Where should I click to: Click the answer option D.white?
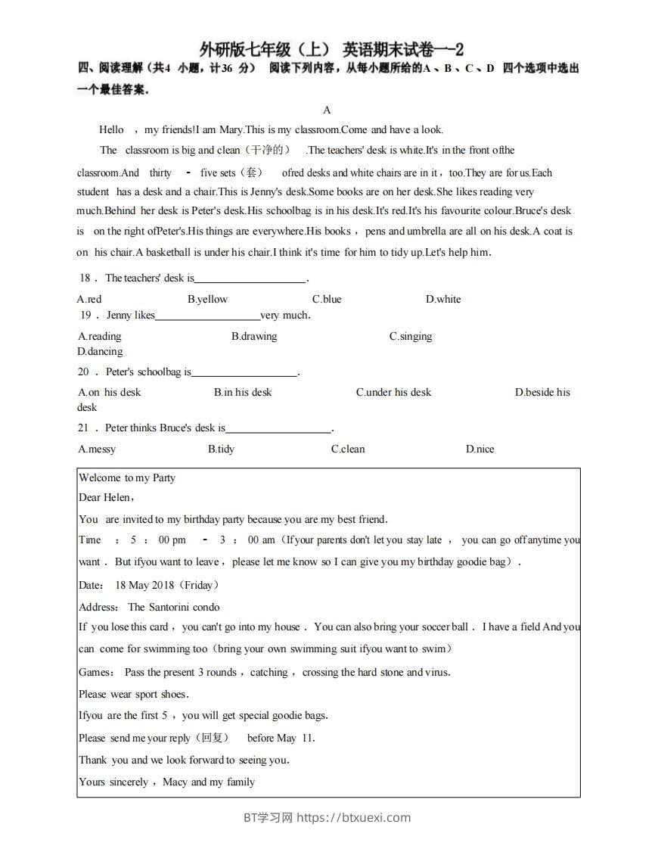click(443, 299)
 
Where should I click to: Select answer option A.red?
click(89, 299)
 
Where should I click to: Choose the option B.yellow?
click(207, 299)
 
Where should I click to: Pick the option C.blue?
click(327, 299)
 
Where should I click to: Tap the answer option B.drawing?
click(254, 336)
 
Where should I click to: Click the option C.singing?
click(411, 336)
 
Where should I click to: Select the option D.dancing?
click(100, 351)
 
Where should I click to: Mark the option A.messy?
click(97, 449)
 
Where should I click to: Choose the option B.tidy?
click(221, 449)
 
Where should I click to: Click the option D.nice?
click(480, 449)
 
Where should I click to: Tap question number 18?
click(85, 278)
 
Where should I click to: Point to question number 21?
click(84, 428)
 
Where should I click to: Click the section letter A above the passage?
click(327, 110)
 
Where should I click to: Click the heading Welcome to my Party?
click(127, 477)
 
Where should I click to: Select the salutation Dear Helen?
click(105, 497)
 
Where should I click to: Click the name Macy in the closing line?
click(175, 782)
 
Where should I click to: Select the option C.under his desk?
click(393, 392)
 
